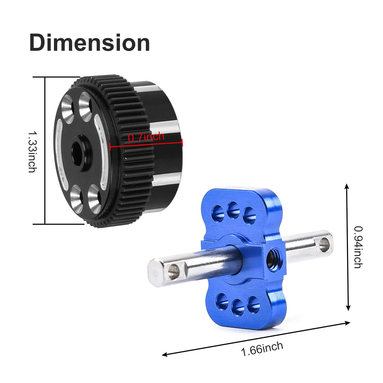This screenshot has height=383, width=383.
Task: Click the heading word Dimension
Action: coord(89,42)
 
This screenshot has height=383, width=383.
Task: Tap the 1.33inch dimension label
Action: coord(33,151)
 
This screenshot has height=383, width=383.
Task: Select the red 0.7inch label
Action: coord(146,137)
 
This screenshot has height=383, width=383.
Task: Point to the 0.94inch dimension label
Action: coord(358,247)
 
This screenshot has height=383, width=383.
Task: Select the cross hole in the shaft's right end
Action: coord(324,245)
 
